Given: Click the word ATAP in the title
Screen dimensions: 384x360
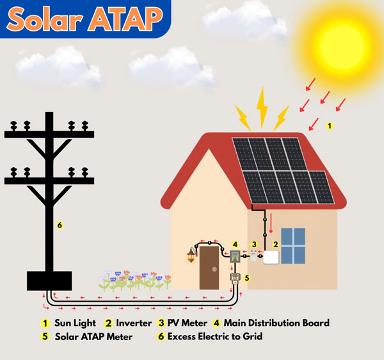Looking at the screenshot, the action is pyautogui.click(x=125, y=19).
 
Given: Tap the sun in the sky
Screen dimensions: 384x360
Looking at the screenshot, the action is pyautogui.click(x=342, y=47).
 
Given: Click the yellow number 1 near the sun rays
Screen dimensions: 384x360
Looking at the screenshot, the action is pyautogui.click(x=330, y=126).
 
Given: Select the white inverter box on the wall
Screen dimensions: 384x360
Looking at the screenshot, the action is pyautogui.click(x=271, y=258).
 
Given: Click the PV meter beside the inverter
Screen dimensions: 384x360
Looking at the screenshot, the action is pyautogui.click(x=253, y=256).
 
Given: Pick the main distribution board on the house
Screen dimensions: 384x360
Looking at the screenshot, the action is pyautogui.click(x=235, y=257).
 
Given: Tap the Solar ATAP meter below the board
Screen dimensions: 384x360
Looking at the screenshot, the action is pyautogui.click(x=235, y=279).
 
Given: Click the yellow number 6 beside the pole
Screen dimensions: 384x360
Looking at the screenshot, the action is pyautogui.click(x=60, y=225).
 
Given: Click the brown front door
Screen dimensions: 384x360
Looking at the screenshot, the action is pyautogui.click(x=209, y=268).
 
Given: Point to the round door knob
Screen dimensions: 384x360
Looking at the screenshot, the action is pyautogui.click(x=214, y=269).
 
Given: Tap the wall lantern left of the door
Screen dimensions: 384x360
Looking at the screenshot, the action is pyautogui.click(x=191, y=255).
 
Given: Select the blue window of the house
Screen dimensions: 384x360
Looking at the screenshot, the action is pyautogui.click(x=293, y=246).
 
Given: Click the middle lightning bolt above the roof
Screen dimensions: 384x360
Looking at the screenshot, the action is pyautogui.click(x=262, y=108).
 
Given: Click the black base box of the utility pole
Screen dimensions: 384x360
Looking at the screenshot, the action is pyautogui.click(x=49, y=281).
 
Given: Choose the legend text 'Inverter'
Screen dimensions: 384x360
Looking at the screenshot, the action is pyautogui.click(x=134, y=323).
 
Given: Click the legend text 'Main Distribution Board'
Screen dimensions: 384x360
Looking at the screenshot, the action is pyautogui.click(x=276, y=323).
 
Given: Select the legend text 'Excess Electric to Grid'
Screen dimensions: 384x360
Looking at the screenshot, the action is pyautogui.click(x=215, y=336).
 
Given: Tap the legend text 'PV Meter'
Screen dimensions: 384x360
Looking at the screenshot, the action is pyautogui.click(x=188, y=323).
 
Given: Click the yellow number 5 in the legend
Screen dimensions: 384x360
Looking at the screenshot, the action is pyautogui.click(x=45, y=336).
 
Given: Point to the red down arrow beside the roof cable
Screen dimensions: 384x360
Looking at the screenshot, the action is pyautogui.click(x=271, y=224).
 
